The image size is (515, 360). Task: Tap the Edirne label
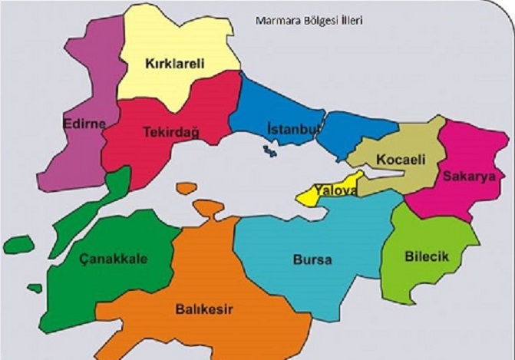[84, 123]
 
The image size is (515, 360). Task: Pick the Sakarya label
[465, 176]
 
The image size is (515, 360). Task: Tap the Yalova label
[335, 190]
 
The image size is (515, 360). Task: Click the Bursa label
[312, 259]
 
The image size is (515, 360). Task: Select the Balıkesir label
[203, 309]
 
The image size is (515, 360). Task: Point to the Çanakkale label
[114, 258]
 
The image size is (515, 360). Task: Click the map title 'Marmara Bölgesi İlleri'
[309, 20]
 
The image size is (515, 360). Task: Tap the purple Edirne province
[77, 154]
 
